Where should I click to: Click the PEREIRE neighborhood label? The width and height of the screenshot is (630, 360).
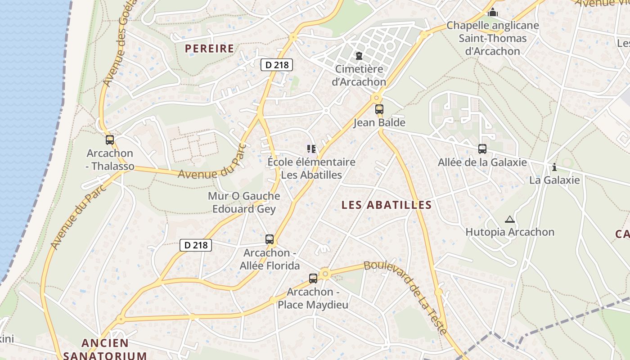(x=209, y=49)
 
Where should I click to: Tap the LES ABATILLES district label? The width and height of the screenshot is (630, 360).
(x=387, y=205)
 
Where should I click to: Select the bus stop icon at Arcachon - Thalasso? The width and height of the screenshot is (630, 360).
(x=110, y=140)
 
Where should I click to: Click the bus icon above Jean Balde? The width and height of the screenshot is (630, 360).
(x=379, y=109)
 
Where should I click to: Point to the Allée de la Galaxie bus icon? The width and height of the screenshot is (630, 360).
(x=482, y=148)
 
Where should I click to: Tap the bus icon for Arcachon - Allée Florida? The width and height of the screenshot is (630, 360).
(x=270, y=239)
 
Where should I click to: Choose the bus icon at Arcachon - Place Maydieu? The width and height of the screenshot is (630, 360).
(x=313, y=278)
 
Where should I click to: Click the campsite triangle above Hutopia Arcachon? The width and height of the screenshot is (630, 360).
(x=509, y=220)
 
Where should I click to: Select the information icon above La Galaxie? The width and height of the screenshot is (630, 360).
(x=554, y=167)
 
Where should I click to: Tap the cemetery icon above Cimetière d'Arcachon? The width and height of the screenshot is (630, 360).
(x=359, y=56)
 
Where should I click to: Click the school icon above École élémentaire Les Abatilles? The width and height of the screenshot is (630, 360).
(x=311, y=148)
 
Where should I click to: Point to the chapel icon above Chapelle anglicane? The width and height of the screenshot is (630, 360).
(x=493, y=12)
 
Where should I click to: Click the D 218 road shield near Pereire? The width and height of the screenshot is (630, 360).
(x=277, y=65)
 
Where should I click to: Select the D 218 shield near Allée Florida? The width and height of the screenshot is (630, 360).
(x=196, y=245)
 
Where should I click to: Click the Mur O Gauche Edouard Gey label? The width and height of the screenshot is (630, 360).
(x=244, y=202)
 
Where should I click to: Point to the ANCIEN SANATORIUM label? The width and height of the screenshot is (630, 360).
(x=105, y=349)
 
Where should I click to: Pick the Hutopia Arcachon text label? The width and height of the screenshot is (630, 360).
(x=510, y=232)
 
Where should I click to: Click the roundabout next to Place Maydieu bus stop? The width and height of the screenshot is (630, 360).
(x=325, y=273)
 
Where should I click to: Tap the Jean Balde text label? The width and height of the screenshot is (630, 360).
(x=379, y=123)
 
